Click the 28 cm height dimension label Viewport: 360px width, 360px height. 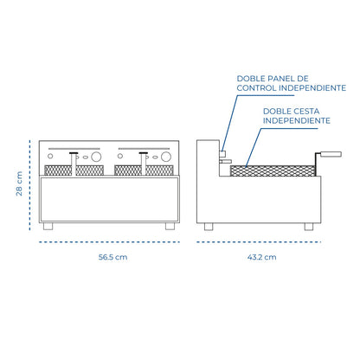19,183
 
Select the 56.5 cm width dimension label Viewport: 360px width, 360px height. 112,257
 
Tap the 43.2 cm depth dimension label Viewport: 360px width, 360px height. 261,257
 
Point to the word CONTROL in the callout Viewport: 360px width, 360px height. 257,88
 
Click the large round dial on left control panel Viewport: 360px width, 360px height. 96,157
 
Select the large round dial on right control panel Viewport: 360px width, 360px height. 166,157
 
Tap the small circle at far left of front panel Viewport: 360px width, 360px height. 50,156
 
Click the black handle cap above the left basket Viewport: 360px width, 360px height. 74,153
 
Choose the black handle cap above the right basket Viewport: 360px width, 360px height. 144,153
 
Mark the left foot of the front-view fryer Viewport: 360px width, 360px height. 48,227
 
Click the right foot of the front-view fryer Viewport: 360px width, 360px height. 170,227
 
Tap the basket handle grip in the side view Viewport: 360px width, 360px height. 331,154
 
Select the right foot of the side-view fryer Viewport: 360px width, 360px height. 309,227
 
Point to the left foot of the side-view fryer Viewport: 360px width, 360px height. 209,227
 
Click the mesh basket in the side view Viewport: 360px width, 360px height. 273,170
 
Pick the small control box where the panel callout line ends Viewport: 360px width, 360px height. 222,154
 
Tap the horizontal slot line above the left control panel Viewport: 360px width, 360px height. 74,149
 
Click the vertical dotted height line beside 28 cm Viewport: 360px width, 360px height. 29,185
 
